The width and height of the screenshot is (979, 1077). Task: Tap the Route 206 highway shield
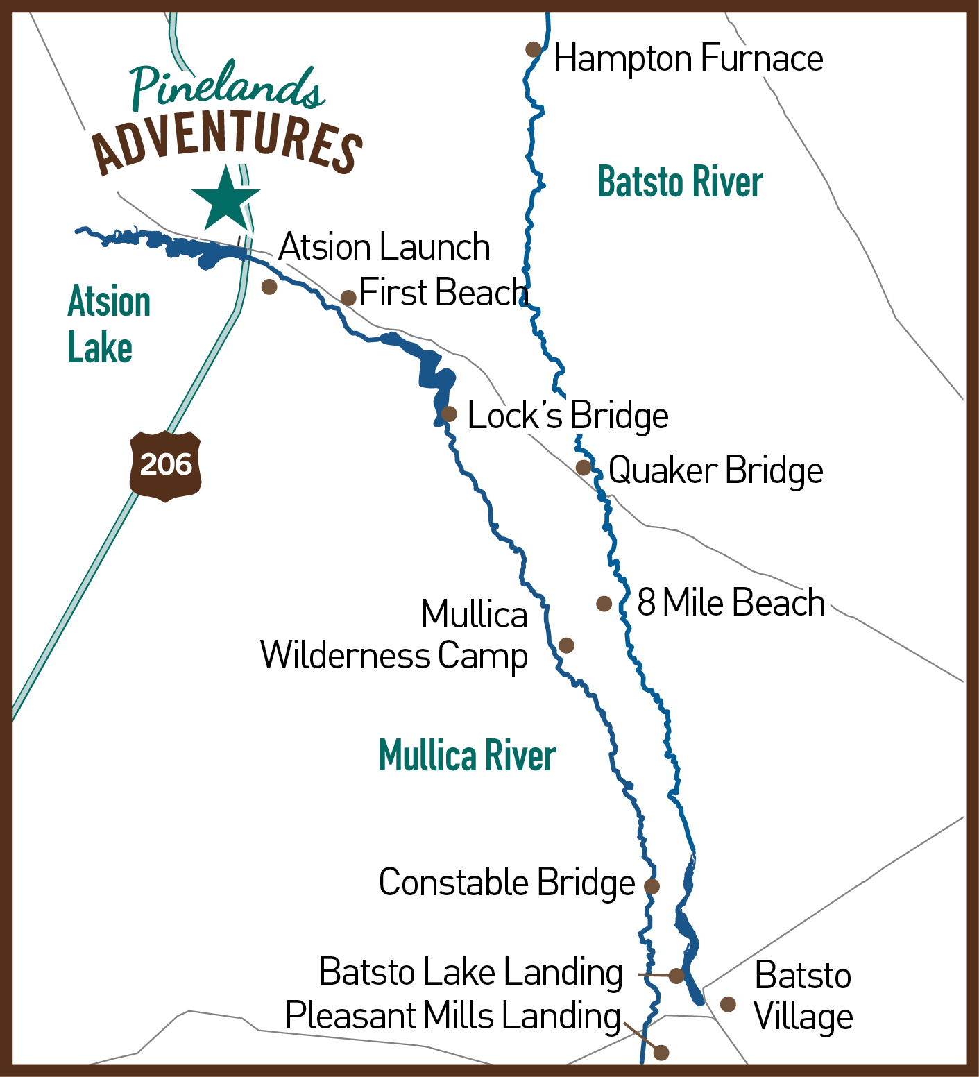[166, 465]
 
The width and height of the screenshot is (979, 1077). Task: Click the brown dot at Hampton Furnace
[533, 49]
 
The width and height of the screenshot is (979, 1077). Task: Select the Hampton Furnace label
[688, 58]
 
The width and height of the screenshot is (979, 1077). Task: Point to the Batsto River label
[680, 183]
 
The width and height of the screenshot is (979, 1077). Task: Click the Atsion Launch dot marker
[269, 287]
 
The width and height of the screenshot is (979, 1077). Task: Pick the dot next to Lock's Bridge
[449, 414]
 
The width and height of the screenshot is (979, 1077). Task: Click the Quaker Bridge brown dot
[584, 468]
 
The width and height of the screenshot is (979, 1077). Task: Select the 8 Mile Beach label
[731, 602]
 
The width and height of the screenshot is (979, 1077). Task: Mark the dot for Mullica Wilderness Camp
[566, 645]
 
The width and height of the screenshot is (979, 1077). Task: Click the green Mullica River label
[467, 756]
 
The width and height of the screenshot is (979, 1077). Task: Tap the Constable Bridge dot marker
[652, 885]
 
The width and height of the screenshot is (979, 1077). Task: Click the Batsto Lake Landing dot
[676, 976]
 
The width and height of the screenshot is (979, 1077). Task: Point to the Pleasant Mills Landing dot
[661, 1053]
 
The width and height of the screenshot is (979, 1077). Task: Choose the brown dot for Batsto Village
[728, 1004]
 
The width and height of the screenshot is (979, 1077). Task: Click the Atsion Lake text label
[109, 325]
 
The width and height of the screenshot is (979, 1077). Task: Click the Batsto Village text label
[803, 997]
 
